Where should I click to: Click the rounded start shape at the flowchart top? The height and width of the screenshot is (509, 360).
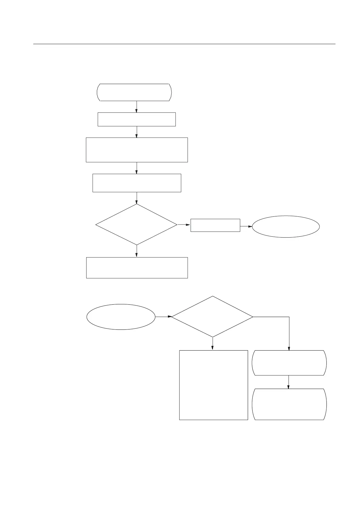point(134,92)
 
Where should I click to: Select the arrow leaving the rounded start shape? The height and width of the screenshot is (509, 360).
point(137,106)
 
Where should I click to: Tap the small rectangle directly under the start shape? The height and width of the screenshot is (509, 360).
point(137,119)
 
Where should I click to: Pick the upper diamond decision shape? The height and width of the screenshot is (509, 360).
point(136,225)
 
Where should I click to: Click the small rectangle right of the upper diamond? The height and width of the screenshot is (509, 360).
point(215,225)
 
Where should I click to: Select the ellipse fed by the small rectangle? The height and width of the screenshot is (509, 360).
point(286,226)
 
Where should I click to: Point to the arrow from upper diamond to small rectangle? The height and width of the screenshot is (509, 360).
point(184,225)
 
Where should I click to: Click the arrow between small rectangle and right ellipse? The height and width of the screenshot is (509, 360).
point(246,226)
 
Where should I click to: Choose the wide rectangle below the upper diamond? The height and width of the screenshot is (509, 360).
point(137,267)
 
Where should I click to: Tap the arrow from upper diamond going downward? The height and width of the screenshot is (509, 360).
point(137,251)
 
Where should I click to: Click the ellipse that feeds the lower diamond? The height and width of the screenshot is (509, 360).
point(121,317)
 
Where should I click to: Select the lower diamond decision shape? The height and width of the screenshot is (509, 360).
point(212,316)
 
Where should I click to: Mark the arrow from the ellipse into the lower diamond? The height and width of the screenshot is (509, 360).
point(163,317)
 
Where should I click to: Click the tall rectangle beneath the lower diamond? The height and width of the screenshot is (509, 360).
point(214,385)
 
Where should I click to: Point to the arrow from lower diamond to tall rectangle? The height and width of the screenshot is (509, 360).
point(213,344)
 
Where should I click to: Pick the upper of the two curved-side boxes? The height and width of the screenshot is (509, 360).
point(290,363)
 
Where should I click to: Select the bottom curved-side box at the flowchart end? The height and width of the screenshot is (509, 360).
point(290,404)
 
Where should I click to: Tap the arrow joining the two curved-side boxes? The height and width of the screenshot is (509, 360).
point(289,382)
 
